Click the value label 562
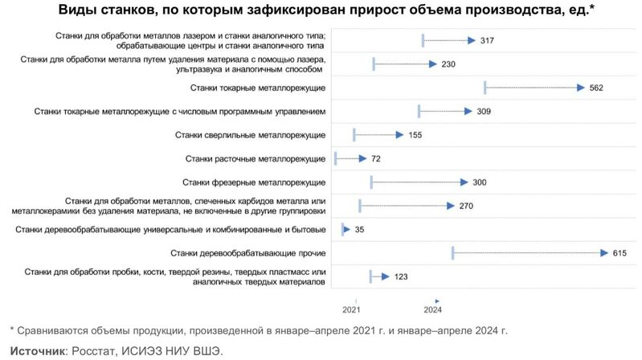pyautogui.click(x=595, y=88)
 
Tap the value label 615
pyautogui.click(x=619, y=253)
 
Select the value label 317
pyautogui.click(x=486, y=40)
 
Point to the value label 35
pyautogui.click(x=359, y=230)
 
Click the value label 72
pyautogui.click(x=375, y=158)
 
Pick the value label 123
pyautogui.click(x=401, y=277)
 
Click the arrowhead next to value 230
pyautogui.click(x=432, y=63)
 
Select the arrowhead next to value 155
pyautogui.click(x=399, y=135)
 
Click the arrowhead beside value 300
pyautogui.click(x=464, y=182)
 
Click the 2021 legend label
pyautogui.click(x=351, y=309)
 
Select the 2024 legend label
pyautogui.click(x=432, y=309)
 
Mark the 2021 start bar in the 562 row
pyautogui.click(x=485, y=88)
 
